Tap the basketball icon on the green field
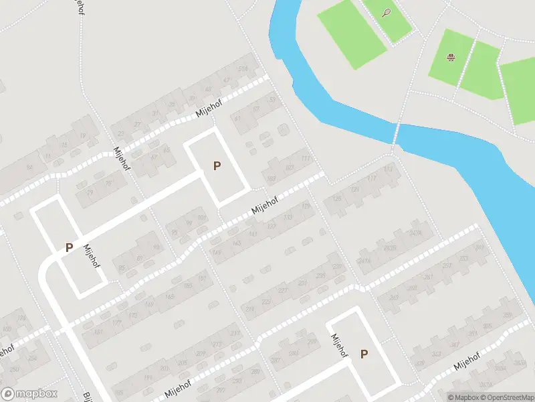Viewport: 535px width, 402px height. click(451, 58)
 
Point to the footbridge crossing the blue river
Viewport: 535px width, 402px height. click(396, 133)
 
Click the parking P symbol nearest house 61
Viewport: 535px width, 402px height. click(217, 165)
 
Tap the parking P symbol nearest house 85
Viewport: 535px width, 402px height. click(69, 247)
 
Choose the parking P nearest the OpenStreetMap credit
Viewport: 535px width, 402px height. click(364, 354)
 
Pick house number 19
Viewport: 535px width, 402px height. click(82, 136)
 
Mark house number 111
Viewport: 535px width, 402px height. click(306, 159)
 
